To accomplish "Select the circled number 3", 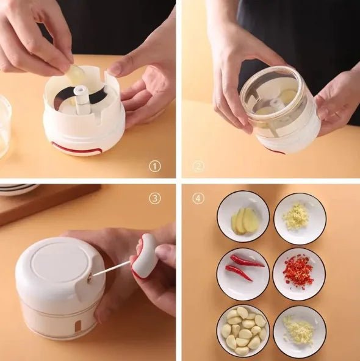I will click(155, 198).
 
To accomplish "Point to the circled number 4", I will click(198, 198).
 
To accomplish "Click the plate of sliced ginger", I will click(243, 217).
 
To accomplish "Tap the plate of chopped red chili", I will click(299, 273).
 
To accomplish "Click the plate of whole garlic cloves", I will click(243, 330).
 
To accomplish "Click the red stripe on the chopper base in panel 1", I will click(76, 149).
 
